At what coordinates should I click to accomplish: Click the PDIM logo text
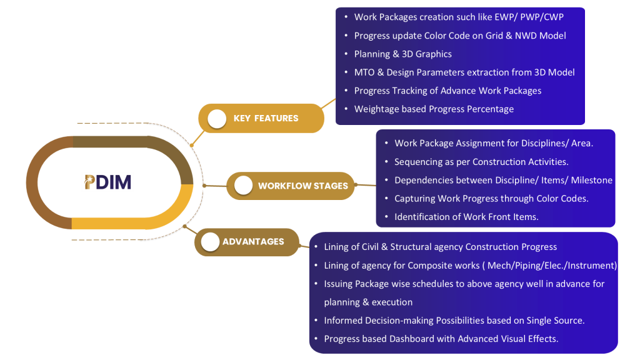pyautogui.click(x=108, y=182)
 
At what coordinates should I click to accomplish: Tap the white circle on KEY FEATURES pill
pyautogui.click(x=216, y=119)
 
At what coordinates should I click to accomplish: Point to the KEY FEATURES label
pyautogui.click(x=266, y=118)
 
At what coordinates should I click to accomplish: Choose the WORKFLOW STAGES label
pyautogui.click(x=302, y=186)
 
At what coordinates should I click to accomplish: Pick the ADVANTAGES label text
pyautogui.click(x=253, y=242)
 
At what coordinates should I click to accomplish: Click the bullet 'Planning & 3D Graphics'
pyautogui.click(x=402, y=54)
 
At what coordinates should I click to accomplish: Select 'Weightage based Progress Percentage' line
pyautogui.click(x=434, y=109)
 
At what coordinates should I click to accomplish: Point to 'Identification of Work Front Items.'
pyautogui.click(x=466, y=216)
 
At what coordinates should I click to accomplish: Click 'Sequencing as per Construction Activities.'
pyautogui.click(x=481, y=162)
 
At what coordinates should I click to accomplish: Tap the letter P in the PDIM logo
pyautogui.click(x=90, y=182)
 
